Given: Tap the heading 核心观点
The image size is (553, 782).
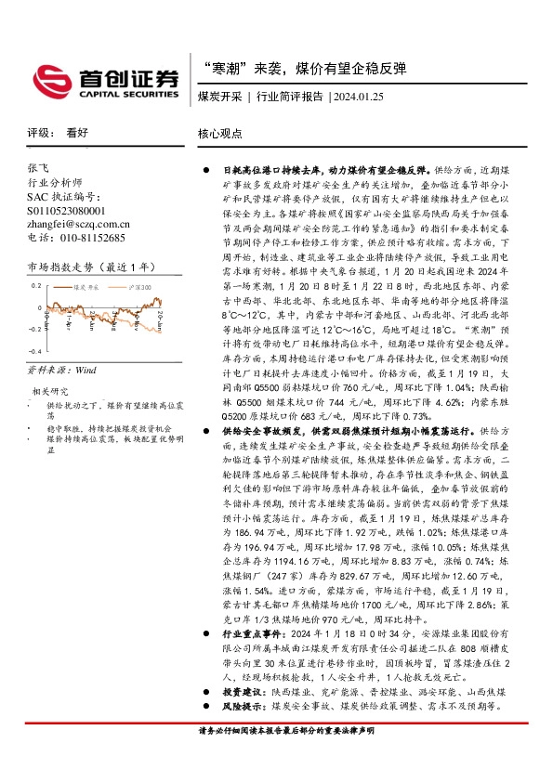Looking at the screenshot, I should (220, 134).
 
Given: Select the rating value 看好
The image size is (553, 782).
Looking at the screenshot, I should (77, 134).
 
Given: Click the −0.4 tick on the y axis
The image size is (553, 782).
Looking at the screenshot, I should (33, 352).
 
